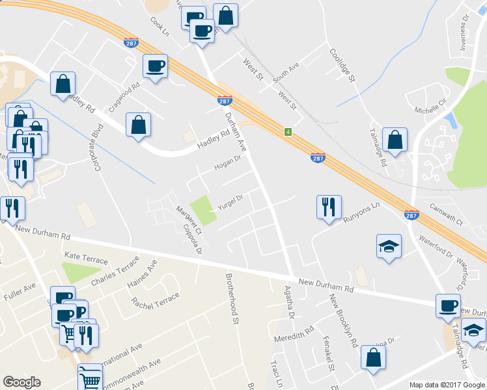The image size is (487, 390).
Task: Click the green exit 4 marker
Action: pos(287,132)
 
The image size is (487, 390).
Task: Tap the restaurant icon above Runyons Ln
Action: pos(328,207)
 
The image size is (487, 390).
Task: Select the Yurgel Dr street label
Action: pos(229,202)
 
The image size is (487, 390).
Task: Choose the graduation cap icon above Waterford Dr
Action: pos(389,247)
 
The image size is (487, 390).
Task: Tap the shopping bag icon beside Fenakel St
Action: pos(373,357)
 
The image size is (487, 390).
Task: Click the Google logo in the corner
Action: pos(21,382)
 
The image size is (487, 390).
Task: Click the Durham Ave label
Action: pos(234,129)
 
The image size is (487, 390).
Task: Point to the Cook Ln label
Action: pos(160,27)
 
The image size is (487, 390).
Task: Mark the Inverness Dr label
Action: pos(464,28)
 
